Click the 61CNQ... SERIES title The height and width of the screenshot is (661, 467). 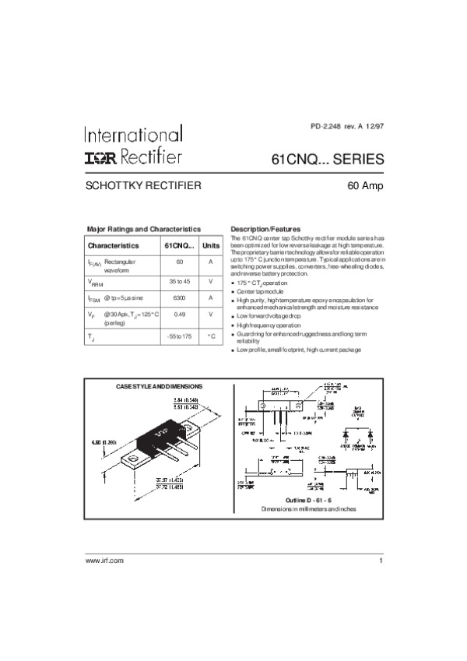[327, 159]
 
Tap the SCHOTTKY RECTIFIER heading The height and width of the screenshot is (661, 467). [143, 186]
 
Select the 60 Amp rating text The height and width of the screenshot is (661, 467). [364, 186]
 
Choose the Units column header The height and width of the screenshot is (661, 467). [211, 245]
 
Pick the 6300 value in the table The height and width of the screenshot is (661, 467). [179, 298]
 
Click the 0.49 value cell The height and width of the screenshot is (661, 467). [179, 314]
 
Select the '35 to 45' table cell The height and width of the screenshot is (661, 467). [179, 280]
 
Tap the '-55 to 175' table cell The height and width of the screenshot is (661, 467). [179, 336]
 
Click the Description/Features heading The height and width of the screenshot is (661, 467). [260, 229]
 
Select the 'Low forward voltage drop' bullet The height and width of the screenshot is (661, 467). [269, 316]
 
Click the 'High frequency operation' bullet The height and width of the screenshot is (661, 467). [269, 325]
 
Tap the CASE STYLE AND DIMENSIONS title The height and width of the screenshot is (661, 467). [159, 386]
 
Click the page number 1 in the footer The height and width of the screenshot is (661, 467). [381, 561]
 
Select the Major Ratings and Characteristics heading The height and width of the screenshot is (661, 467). [143, 229]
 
